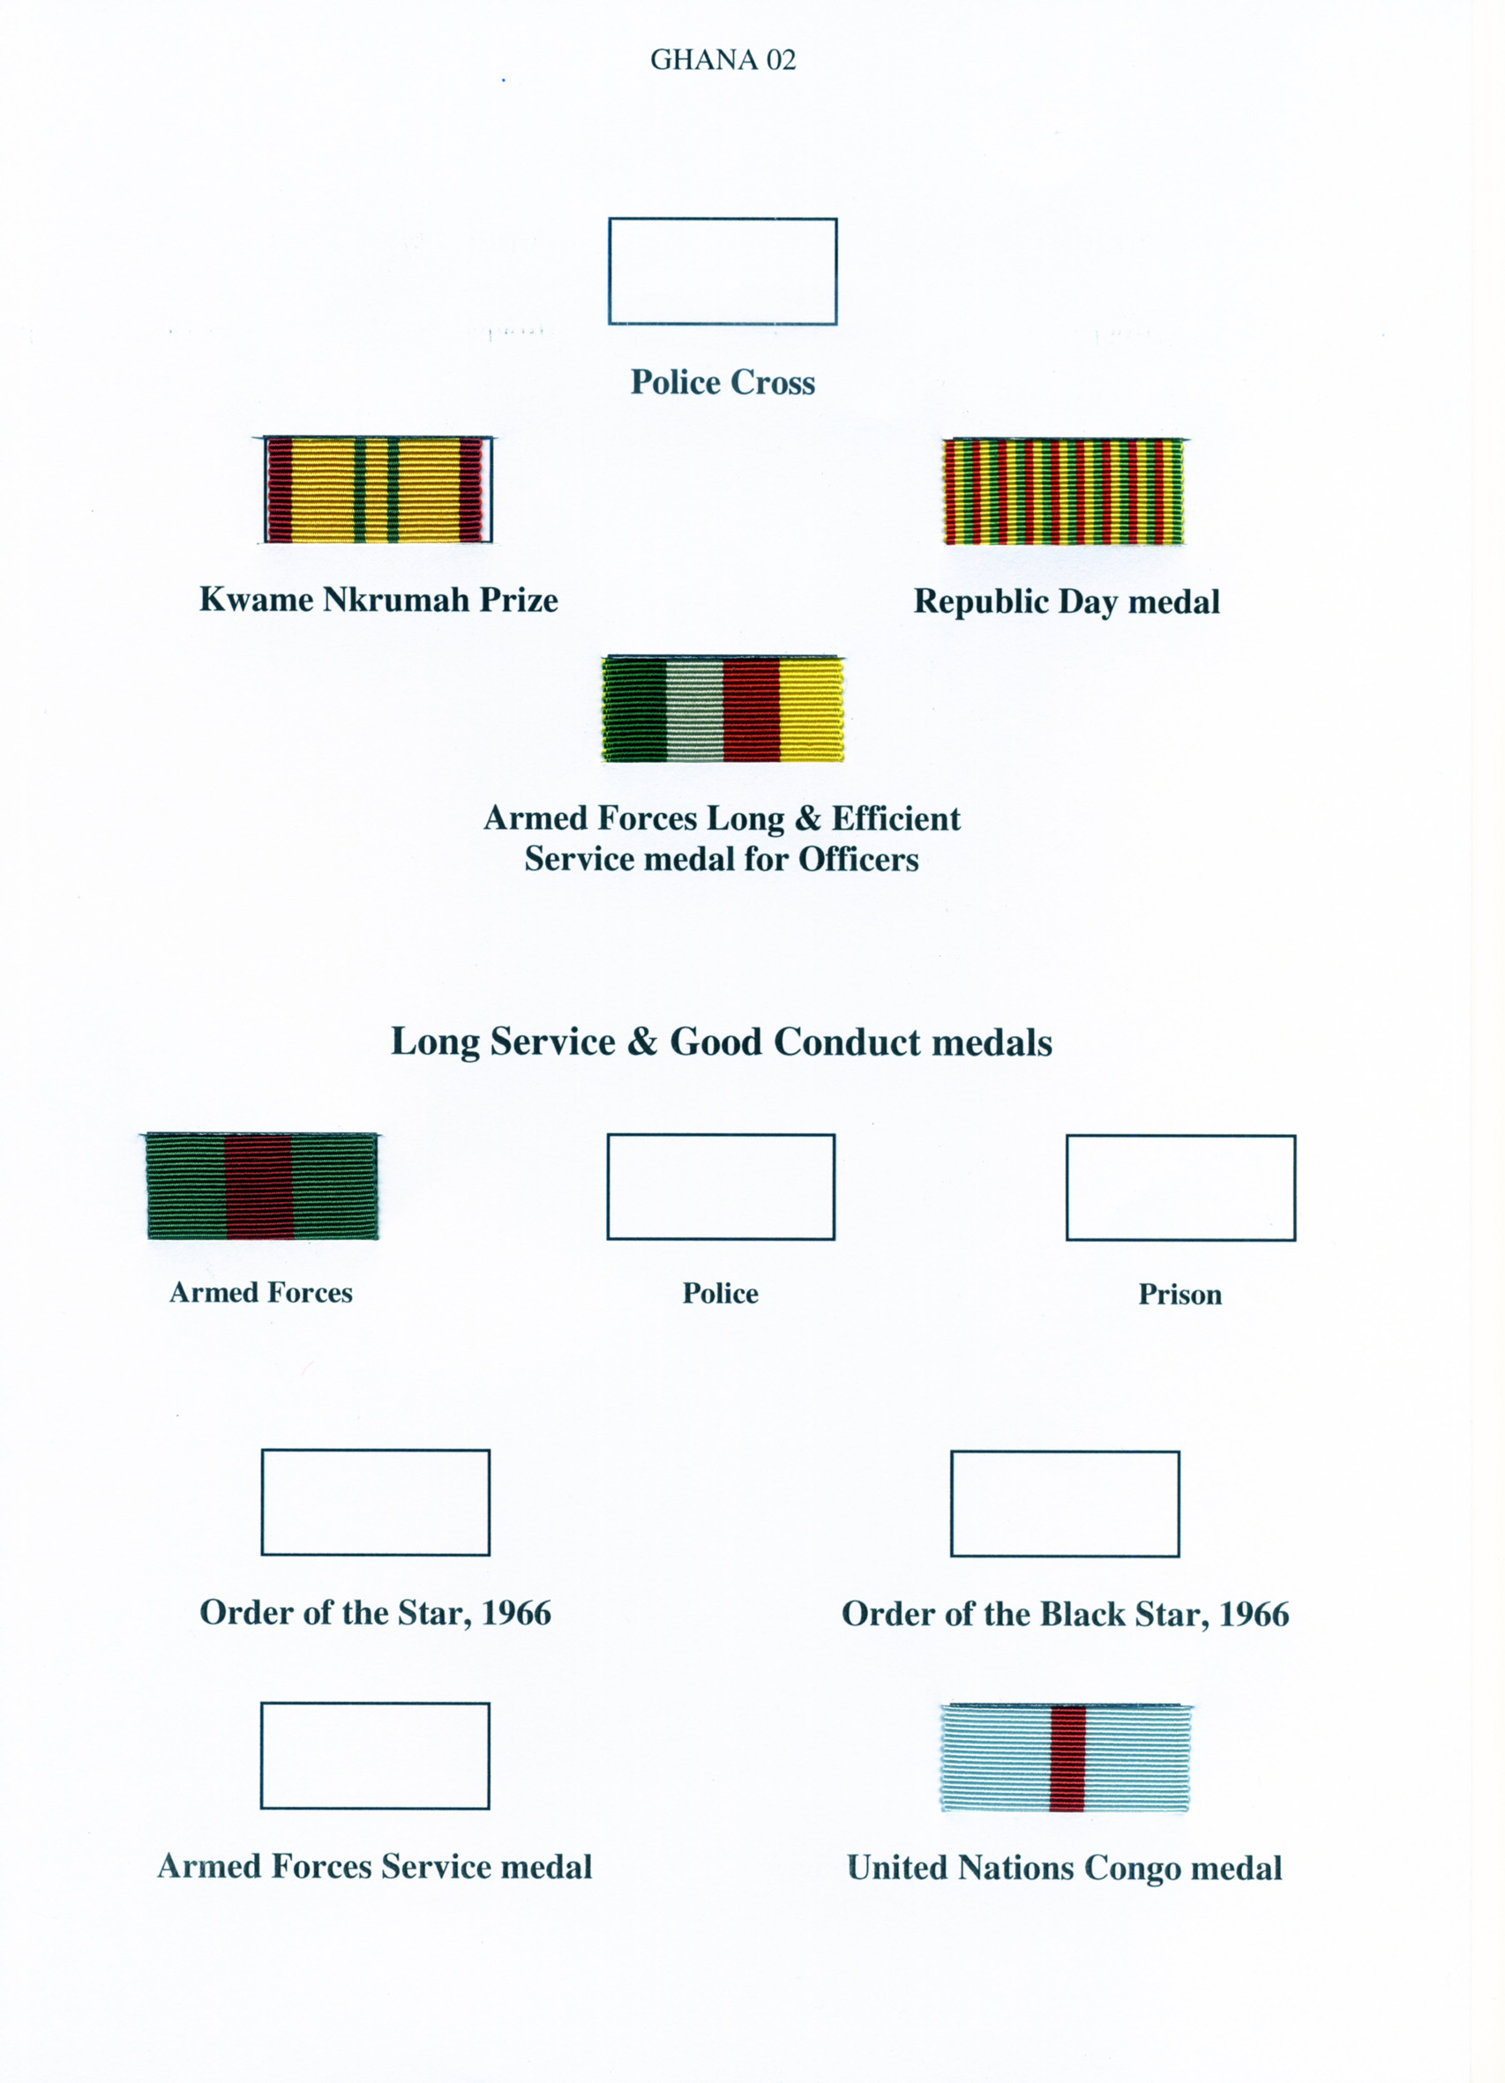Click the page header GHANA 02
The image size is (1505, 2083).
(x=723, y=60)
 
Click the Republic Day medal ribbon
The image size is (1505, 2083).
(x=1064, y=491)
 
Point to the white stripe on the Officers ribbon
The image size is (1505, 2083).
(x=693, y=710)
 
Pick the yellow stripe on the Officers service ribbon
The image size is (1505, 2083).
(x=811, y=710)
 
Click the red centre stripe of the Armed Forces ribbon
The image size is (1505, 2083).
(x=258, y=1187)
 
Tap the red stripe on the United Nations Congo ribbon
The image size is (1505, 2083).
(x=1067, y=1758)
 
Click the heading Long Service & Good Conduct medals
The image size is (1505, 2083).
(x=722, y=1042)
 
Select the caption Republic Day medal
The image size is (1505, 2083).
(x=1067, y=601)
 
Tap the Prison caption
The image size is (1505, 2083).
(x=1179, y=1294)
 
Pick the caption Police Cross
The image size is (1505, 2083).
(x=723, y=382)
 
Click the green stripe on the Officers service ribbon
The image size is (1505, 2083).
(x=635, y=710)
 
